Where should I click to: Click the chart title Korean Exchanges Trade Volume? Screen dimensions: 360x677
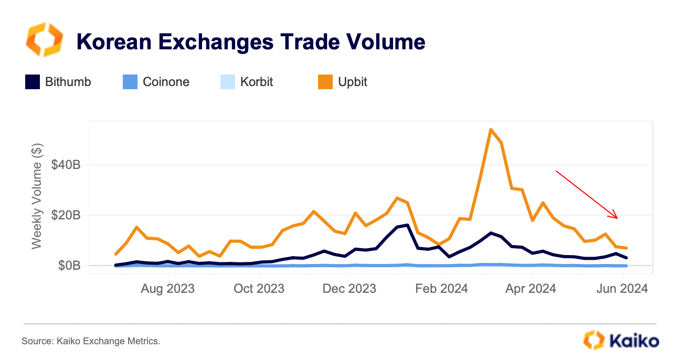point(251,41)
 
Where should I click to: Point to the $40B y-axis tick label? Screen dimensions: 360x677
point(66,165)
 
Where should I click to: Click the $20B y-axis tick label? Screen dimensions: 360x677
point(66,215)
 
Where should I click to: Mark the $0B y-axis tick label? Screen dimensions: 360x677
point(69,266)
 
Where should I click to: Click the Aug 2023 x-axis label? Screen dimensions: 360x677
point(168,289)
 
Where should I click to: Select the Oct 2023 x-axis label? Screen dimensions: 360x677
point(259,289)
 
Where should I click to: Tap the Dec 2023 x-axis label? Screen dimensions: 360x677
point(350,289)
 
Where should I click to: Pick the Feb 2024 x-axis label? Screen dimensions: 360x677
point(442,289)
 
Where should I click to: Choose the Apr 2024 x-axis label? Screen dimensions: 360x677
point(531,289)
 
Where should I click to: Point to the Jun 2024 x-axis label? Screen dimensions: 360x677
point(623,289)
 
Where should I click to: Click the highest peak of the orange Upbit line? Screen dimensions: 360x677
point(490,130)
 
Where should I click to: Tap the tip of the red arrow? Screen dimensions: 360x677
point(618,218)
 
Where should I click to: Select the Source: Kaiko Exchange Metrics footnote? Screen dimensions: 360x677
point(91,341)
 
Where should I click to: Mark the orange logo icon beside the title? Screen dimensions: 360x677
point(44,40)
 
